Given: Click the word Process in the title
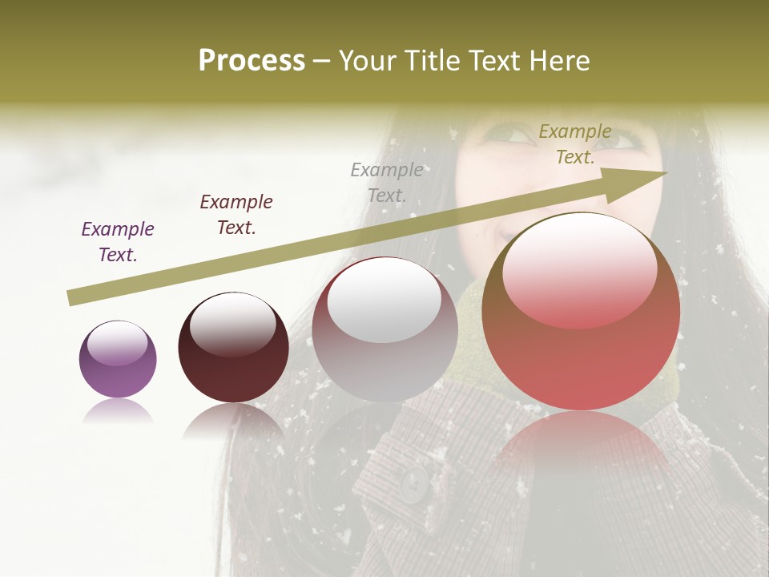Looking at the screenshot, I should pyautogui.click(x=252, y=61).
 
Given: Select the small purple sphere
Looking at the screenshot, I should pyautogui.click(x=118, y=359).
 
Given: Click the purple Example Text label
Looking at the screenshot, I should pyautogui.click(x=118, y=242).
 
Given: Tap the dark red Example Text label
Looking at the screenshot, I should pyautogui.click(x=236, y=215).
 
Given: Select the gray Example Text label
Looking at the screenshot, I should pyautogui.click(x=387, y=182).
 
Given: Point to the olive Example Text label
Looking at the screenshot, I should pyautogui.click(x=575, y=144).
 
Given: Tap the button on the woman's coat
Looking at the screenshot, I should pyautogui.click(x=414, y=483).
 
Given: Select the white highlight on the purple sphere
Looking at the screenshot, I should pyautogui.click(x=117, y=343).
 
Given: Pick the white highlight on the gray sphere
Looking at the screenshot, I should pyautogui.click(x=384, y=303).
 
